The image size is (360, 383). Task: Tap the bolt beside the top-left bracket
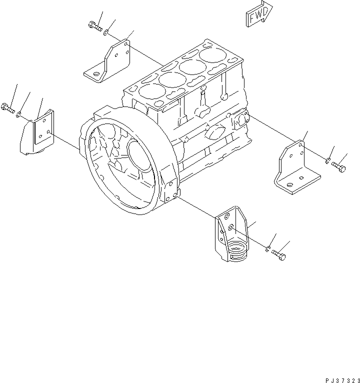(94, 25)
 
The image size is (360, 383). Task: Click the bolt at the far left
(7, 106)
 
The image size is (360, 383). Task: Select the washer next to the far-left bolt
(18, 114)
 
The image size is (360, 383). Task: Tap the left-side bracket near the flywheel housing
(38, 133)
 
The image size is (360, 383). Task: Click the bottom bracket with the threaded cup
(231, 238)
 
